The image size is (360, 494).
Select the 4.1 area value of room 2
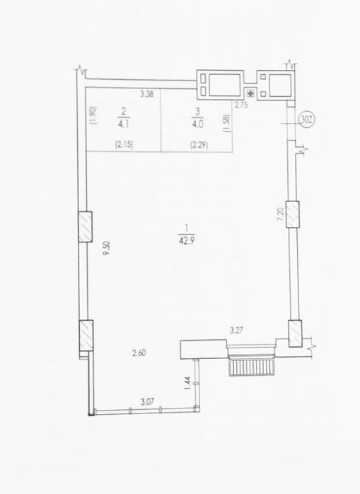tap(123, 124)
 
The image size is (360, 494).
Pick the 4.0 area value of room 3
tap(197, 124)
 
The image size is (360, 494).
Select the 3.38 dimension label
tap(147, 93)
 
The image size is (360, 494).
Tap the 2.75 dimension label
tap(241, 105)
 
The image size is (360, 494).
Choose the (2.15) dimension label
tap(124, 145)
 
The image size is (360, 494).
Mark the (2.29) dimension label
tap(199, 145)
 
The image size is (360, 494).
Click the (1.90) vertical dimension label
tap(94, 115)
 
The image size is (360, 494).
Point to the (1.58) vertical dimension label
tap(228, 123)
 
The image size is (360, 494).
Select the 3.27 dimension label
tap(236, 331)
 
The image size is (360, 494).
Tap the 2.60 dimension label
tap(139, 353)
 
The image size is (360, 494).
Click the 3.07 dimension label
tap(148, 402)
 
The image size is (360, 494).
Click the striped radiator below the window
tap(251, 367)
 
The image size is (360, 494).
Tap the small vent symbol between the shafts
tap(251, 93)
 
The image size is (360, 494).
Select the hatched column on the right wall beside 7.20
tap(293, 214)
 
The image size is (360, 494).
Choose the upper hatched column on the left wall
tap(85, 227)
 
